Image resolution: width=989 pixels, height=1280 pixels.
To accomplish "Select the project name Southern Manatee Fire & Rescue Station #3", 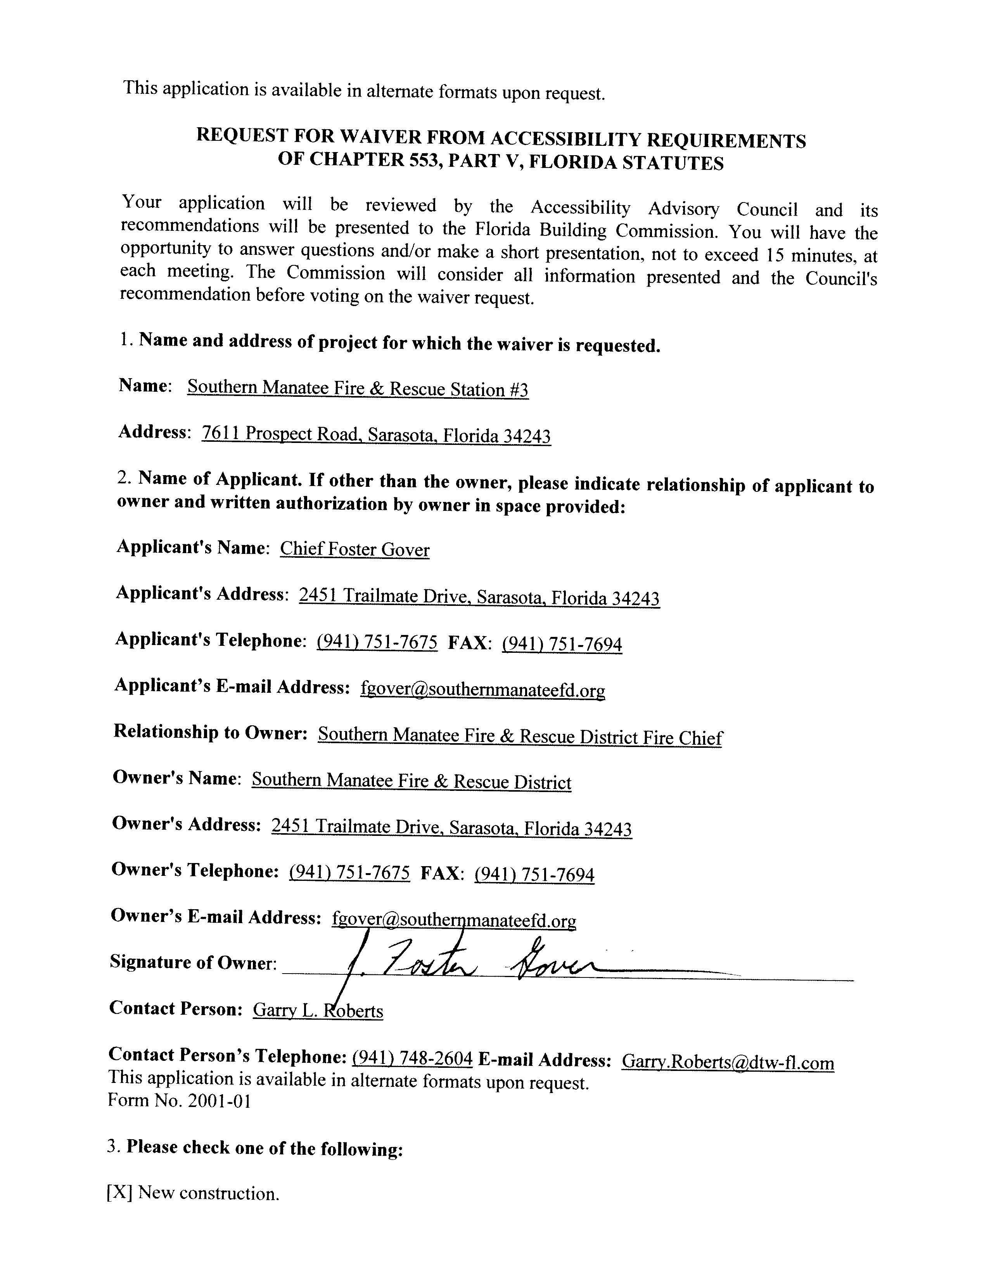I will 358,389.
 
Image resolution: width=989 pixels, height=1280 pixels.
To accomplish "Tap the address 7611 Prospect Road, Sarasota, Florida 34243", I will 375,435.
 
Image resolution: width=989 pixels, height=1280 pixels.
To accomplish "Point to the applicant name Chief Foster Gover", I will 354,549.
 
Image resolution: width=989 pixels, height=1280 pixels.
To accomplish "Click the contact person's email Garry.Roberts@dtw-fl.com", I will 727,1062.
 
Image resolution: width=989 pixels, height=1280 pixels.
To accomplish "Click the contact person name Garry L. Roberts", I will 318,1010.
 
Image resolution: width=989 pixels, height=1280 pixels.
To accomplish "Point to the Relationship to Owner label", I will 210,733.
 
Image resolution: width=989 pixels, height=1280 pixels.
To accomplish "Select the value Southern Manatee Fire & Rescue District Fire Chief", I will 520,736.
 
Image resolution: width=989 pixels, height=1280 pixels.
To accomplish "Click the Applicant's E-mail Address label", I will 232,686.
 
